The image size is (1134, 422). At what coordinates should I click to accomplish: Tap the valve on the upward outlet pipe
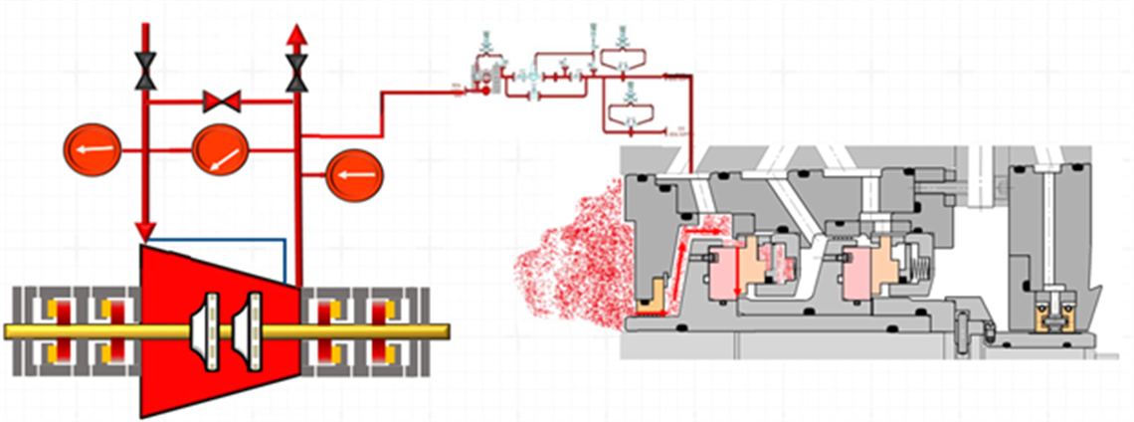point(295,70)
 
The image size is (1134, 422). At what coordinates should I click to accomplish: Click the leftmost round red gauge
point(91,150)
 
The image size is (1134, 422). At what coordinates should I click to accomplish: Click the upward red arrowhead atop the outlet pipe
point(295,36)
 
